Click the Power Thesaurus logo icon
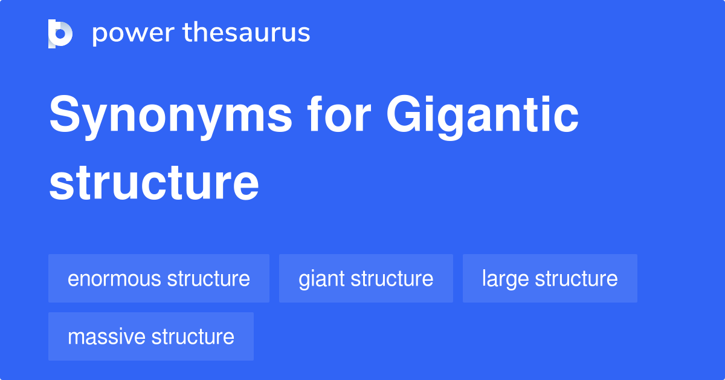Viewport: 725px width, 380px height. [x=60, y=33]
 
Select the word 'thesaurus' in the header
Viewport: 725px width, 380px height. [x=246, y=33]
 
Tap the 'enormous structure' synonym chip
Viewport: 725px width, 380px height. [x=159, y=278]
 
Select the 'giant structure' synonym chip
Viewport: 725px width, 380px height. [x=366, y=278]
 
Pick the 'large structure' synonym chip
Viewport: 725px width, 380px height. [x=550, y=278]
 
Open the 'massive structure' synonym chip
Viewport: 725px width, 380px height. [x=151, y=336]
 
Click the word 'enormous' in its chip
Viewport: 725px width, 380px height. [x=115, y=279]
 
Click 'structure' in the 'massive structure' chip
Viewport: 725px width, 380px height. [x=193, y=336]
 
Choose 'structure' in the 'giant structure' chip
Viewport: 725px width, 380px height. [x=392, y=278]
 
